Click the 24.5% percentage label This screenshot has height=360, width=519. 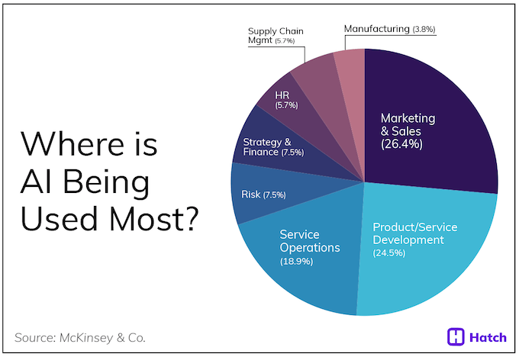tap(390, 253)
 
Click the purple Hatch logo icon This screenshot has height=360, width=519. tap(456, 336)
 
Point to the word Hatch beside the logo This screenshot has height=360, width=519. tap(488, 336)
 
